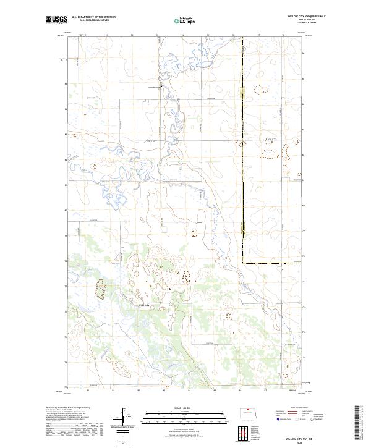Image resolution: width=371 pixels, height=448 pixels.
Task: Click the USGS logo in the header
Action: pyautogui.click(x=56, y=20)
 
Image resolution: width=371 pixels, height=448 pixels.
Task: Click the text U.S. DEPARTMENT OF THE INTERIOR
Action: pyautogui.click(x=93, y=17)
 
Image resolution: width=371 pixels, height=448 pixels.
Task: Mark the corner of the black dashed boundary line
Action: pyautogui.click(x=242, y=263)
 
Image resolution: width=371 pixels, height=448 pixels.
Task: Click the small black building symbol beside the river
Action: pyautogui.click(x=163, y=85)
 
